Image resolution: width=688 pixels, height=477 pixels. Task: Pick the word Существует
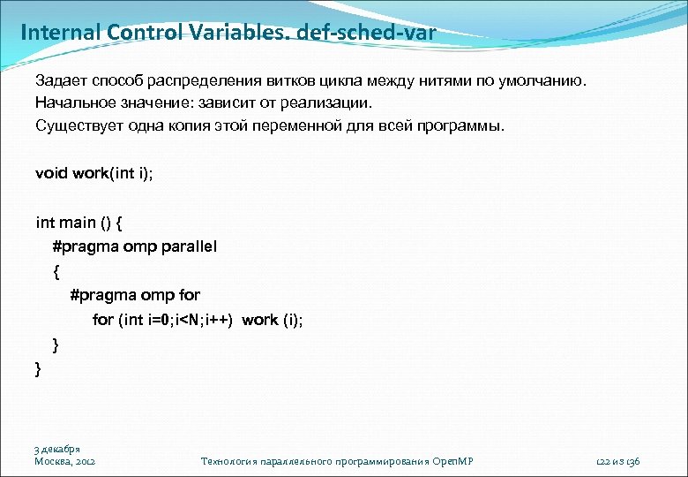point(73,125)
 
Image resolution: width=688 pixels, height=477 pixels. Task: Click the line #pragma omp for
point(135,295)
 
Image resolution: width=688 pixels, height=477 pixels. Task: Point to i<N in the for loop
point(187,320)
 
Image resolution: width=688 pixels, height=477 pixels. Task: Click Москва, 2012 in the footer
point(65,461)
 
